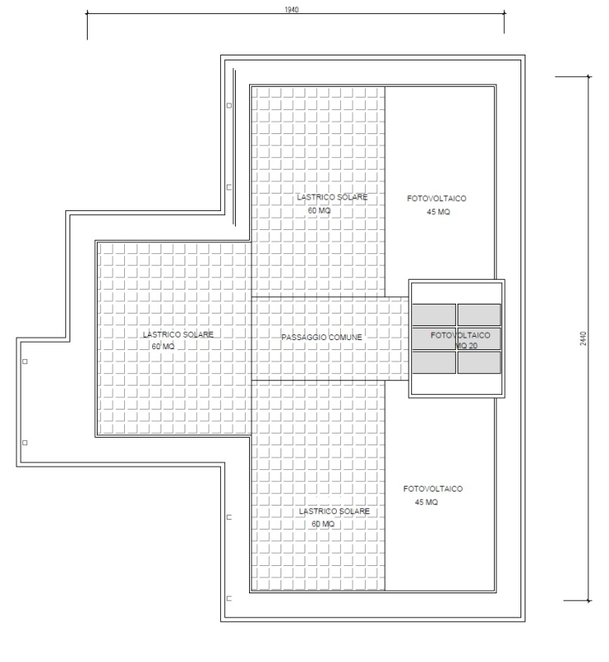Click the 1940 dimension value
(291, 10)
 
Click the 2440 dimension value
(583, 338)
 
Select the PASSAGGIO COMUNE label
(322, 338)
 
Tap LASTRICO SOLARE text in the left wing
(178, 334)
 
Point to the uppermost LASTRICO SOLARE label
(332, 197)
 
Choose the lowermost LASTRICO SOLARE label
(334, 511)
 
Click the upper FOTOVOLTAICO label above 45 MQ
(436, 199)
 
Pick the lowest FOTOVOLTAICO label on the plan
(433, 489)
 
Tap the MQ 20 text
(467, 346)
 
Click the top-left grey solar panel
(434, 314)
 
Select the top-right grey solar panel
(479, 314)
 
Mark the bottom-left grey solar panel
(434, 362)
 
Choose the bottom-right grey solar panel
(479, 362)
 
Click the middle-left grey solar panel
(434, 338)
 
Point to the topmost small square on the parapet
(229, 106)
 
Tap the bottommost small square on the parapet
(229, 598)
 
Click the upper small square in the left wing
(25, 362)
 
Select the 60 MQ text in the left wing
(163, 347)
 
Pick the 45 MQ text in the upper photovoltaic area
(438, 212)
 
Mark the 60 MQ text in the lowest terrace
(323, 524)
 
